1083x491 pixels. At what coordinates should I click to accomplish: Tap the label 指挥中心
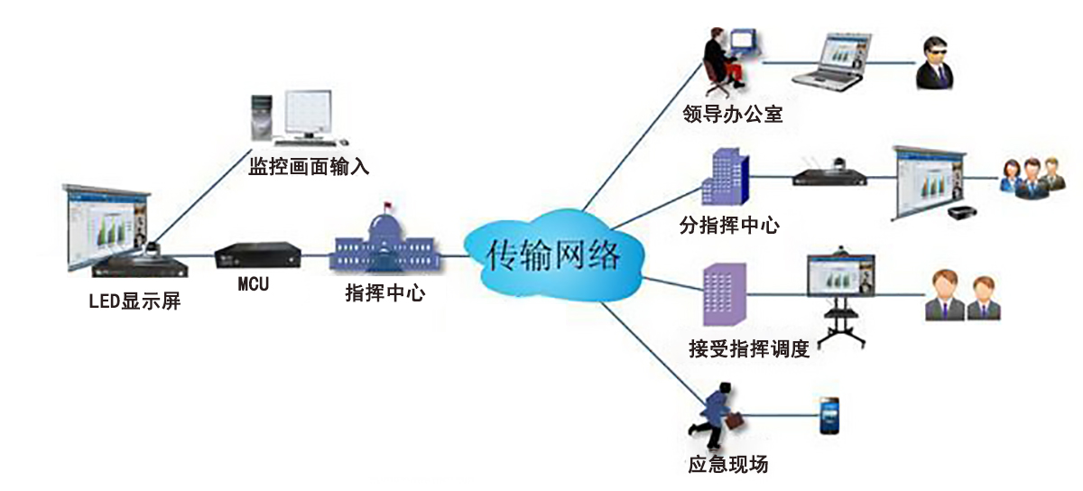(x=385, y=293)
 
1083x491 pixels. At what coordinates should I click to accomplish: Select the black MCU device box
(x=255, y=255)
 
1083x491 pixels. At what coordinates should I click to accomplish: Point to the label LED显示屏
(x=134, y=301)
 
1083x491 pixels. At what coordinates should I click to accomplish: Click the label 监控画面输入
(x=309, y=167)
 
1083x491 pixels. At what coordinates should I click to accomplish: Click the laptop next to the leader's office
(x=836, y=62)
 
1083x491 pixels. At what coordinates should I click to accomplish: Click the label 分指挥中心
(x=728, y=225)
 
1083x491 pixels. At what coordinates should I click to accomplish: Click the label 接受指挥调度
(x=748, y=348)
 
